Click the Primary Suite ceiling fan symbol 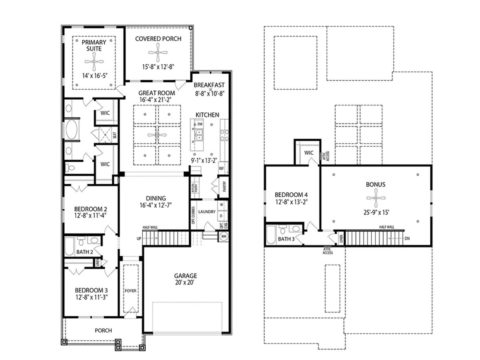(94, 61)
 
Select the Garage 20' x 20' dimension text (185, 282)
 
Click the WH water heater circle (223, 236)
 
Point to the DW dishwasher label (200, 124)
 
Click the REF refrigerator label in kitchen (222, 168)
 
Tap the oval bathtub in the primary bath (72, 130)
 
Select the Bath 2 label (84, 252)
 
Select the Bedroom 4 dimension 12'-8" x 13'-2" (291, 202)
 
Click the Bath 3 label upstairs (286, 239)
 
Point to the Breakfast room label (209, 85)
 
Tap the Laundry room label (207, 212)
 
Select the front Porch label (103, 330)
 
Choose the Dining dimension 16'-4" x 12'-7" (156, 206)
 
